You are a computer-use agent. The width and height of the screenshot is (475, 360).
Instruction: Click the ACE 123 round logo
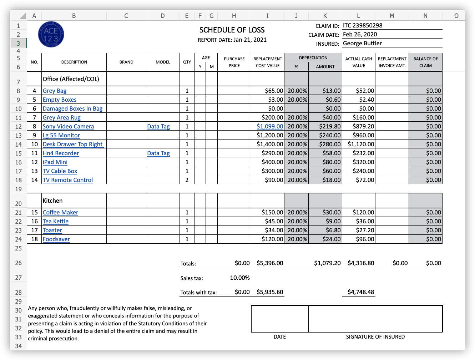click(51, 35)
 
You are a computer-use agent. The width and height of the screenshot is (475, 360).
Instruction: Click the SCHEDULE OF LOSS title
click(232, 30)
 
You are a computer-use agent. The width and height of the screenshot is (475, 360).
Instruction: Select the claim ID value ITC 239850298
click(363, 26)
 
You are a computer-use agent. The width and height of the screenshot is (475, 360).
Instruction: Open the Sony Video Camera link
click(68, 127)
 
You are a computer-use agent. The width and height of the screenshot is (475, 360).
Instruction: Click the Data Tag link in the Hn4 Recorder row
click(158, 153)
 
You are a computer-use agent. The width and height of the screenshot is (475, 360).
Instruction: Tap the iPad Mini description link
click(55, 162)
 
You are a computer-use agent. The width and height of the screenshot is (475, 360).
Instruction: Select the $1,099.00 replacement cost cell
click(270, 127)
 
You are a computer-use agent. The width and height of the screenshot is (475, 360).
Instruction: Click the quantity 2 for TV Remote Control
click(187, 180)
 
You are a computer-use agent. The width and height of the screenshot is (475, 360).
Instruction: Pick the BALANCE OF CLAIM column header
click(425, 62)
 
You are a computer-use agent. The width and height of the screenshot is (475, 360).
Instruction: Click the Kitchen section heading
click(52, 201)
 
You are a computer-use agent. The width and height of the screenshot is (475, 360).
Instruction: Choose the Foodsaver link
click(56, 239)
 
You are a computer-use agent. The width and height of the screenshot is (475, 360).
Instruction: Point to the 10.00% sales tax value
click(240, 278)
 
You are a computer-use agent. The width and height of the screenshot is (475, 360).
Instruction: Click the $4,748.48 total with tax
click(361, 292)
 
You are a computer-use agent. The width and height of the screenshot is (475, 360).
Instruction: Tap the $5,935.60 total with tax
click(270, 292)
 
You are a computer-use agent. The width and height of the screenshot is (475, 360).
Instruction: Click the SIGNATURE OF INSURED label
click(375, 337)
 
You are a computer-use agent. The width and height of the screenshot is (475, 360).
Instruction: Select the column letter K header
click(325, 16)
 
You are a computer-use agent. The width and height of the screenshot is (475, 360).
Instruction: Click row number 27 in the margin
click(19, 278)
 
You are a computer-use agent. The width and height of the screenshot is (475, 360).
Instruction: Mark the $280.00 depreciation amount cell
click(330, 144)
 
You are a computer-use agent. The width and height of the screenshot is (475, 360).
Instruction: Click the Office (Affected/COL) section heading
click(71, 79)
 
